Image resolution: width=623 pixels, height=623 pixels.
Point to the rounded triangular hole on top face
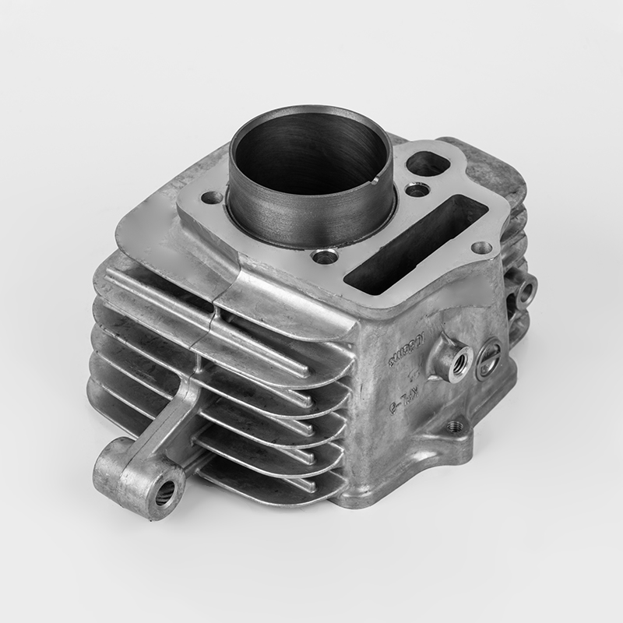(x=427, y=163)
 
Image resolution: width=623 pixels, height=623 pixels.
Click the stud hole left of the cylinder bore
(x=210, y=198)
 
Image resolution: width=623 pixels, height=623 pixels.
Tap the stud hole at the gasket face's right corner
(x=482, y=248)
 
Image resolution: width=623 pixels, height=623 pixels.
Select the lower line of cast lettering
(x=403, y=397)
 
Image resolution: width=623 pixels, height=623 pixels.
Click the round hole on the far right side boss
(x=526, y=291)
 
